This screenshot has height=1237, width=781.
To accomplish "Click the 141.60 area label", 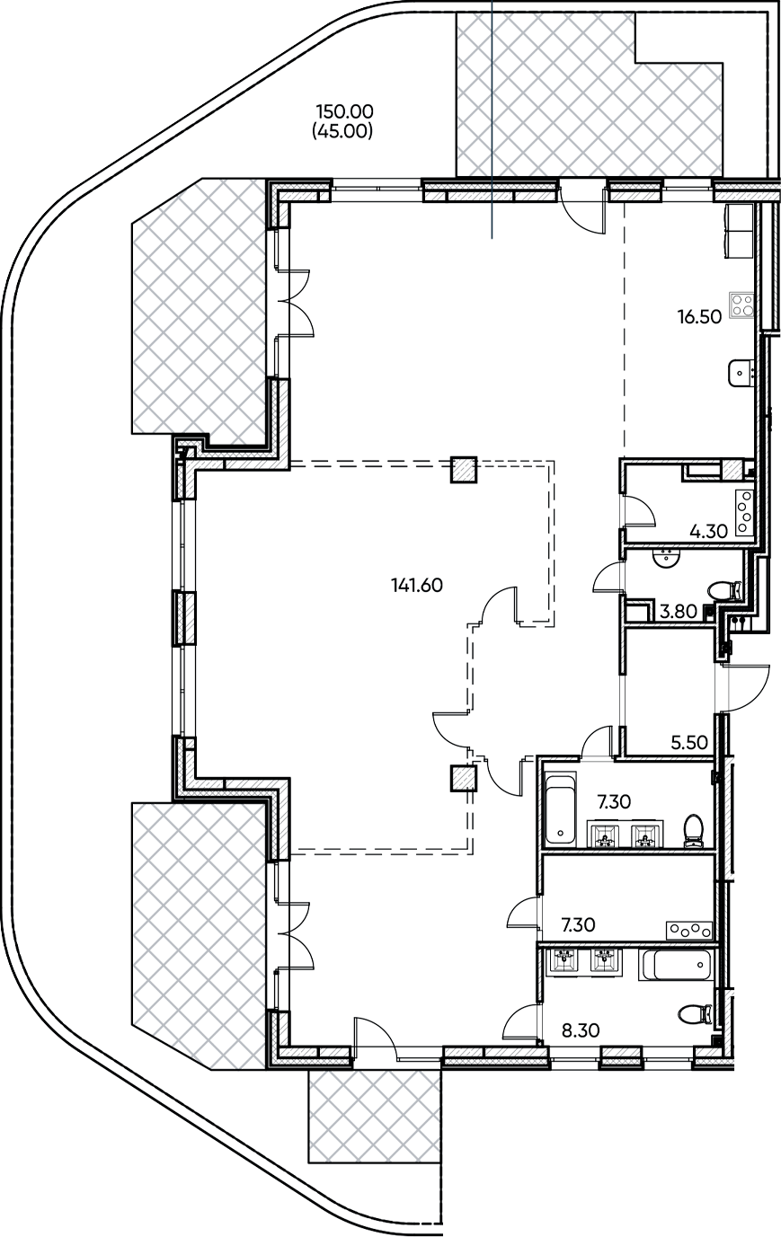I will point(417,585).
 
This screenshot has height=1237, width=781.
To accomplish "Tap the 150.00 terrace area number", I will point(343,112).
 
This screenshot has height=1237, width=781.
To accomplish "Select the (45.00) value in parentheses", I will point(342,130).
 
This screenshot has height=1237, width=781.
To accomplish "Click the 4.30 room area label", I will point(707,531).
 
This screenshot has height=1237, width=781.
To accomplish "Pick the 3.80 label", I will point(679,612).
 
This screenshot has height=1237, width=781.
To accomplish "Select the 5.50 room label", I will point(689,744).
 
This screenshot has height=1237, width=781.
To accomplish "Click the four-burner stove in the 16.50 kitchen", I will point(742,305).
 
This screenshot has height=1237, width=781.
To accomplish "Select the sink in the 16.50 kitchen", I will point(740,369).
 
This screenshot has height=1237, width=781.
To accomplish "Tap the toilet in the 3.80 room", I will point(723,591).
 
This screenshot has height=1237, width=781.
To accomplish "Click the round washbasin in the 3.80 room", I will point(667,558).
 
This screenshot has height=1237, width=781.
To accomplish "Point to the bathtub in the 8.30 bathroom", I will point(675,967).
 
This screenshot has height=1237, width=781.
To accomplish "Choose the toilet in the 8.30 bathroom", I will point(694,1013).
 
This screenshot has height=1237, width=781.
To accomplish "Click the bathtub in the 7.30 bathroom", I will point(560,808).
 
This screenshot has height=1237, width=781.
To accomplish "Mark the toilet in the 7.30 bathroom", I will point(694,830).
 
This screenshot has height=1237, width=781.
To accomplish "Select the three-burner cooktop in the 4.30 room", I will point(745,513).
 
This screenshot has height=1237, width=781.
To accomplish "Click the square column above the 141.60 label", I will point(463,470).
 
